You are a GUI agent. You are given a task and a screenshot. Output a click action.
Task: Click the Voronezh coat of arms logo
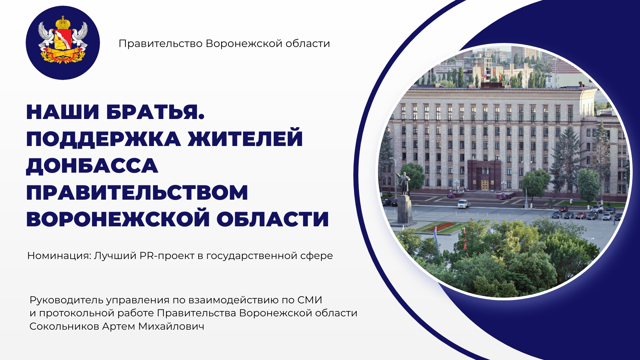[x=63, y=43]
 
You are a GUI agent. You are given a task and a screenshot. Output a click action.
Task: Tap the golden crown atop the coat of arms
[x=63, y=22]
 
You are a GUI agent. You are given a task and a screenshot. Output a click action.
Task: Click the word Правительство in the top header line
[x=161, y=44]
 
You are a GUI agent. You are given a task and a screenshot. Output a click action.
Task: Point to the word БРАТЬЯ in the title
[x=155, y=112]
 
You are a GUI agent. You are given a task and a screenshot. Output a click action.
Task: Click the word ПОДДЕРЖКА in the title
[x=104, y=139]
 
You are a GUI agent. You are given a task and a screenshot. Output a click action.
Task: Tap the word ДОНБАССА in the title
[x=92, y=166]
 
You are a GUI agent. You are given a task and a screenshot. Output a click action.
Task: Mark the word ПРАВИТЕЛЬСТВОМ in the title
[x=137, y=192]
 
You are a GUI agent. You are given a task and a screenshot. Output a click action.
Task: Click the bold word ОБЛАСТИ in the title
[x=273, y=219]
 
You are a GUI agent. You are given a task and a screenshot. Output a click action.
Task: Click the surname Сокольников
[x=64, y=326]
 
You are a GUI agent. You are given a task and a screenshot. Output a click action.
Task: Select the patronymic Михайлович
[x=171, y=326]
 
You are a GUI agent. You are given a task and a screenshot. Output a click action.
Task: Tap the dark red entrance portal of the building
[x=484, y=175]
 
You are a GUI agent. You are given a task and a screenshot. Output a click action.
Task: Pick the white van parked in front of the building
[x=463, y=204]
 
